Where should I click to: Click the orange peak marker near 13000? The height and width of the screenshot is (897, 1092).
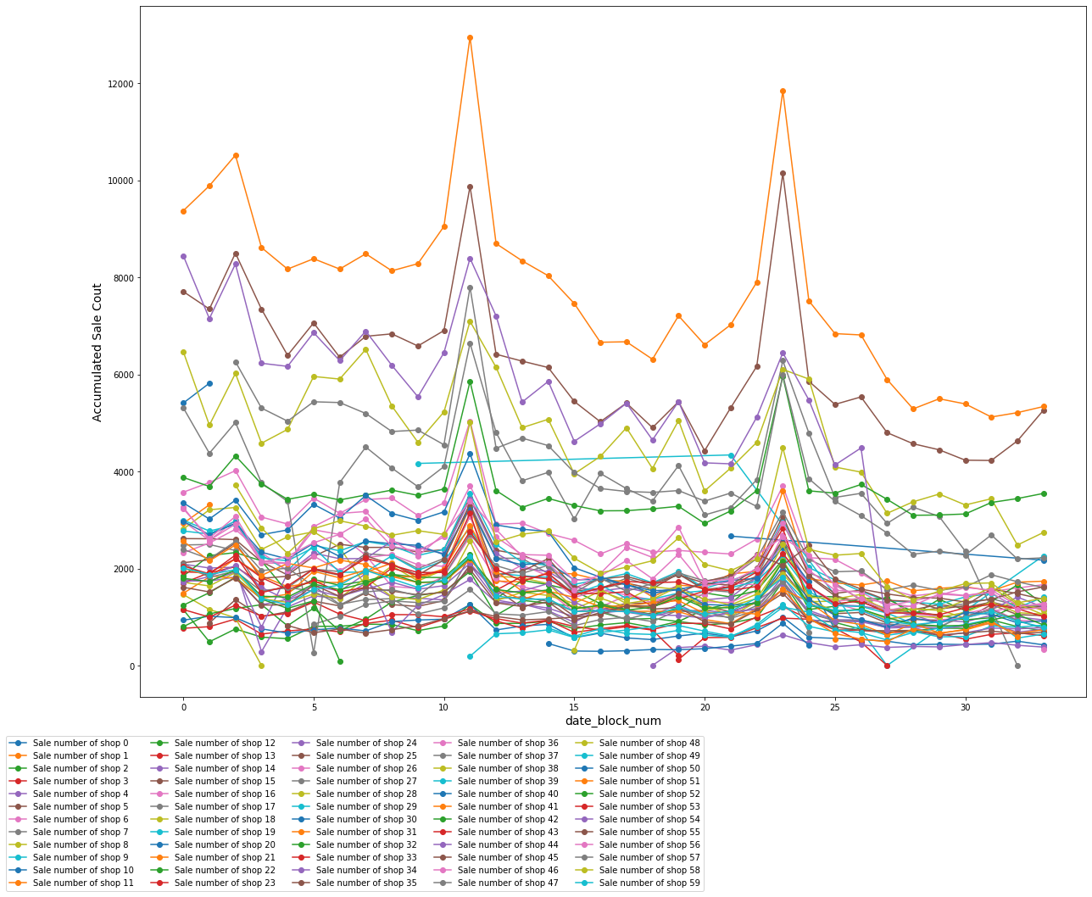470,37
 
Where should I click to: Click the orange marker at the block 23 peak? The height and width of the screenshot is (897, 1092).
783,91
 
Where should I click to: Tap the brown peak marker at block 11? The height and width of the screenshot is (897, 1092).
470,187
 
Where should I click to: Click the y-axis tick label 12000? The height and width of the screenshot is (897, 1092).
119,84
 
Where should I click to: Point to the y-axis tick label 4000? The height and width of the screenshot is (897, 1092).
121,472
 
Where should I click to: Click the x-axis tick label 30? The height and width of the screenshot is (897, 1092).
965,706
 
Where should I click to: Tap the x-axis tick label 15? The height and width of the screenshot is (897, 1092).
574,706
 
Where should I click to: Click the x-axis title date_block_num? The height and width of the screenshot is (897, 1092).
613,721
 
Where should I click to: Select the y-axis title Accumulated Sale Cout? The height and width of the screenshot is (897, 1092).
97,352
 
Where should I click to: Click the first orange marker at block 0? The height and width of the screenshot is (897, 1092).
183,211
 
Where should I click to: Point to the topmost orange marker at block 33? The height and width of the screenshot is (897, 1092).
1044,406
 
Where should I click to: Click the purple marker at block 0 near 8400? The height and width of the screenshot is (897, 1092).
183,256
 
